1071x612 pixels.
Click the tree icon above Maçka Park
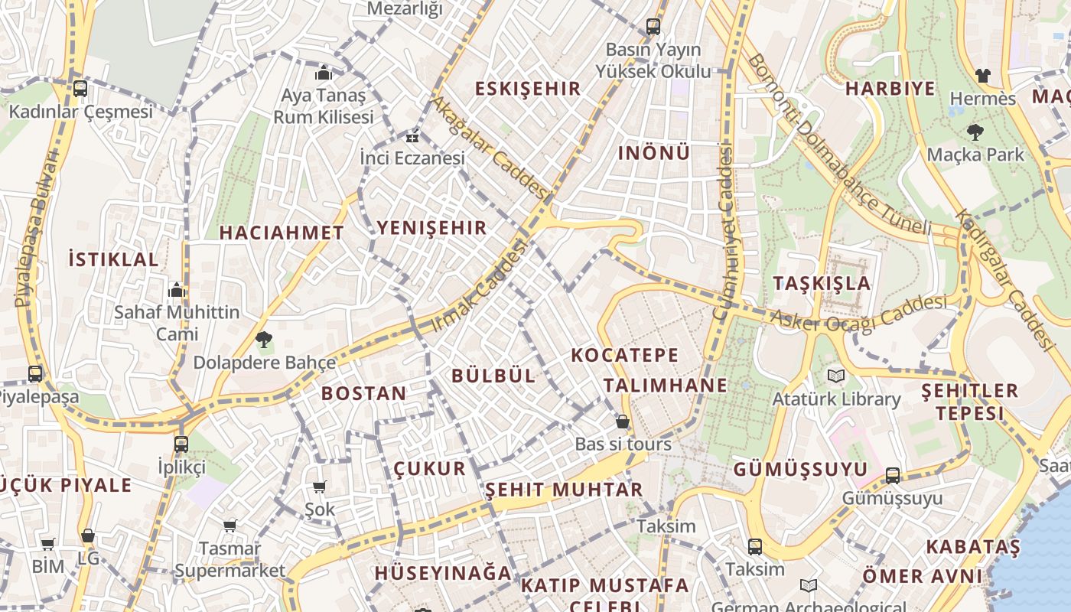[x=975, y=132]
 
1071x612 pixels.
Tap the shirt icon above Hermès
[x=982, y=76]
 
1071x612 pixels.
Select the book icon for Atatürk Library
[x=835, y=376]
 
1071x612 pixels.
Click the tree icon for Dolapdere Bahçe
[x=264, y=339]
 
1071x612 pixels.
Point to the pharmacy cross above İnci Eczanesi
[x=412, y=138]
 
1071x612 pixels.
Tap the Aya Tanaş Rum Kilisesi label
[x=324, y=106]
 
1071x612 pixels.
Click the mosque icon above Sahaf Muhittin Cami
[x=177, y=290]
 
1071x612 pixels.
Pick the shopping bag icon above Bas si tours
[x=623, y=422]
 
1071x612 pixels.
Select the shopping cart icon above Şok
[x=320, y=487]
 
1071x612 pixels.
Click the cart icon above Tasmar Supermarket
[x=229, y=526]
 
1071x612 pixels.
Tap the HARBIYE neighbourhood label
[x=890, y=89]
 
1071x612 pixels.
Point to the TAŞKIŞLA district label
[x=822, y=283]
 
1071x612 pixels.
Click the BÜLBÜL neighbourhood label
[x=493, y=376]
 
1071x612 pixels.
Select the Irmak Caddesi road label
[x=480, y=286]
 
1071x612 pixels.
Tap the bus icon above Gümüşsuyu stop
[x=892, y=476]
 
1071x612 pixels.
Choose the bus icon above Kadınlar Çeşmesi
[x=80, y=89]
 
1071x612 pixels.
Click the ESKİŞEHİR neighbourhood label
[x=528, y=89]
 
